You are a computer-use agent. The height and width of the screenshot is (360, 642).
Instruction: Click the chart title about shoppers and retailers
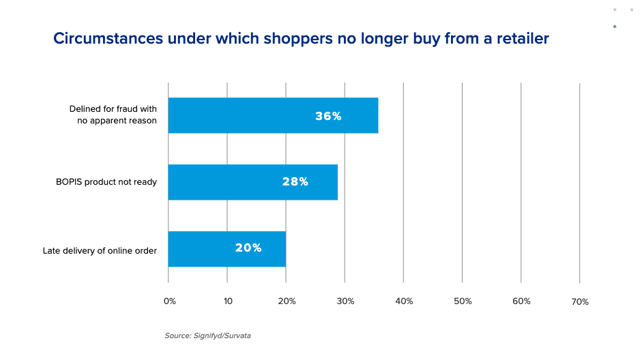click(x=301, y=39)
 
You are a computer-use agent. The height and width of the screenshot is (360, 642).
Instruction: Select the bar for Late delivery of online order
click(x=227, y=248)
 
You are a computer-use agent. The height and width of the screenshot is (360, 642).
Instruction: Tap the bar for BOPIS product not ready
click(x=252, y=182)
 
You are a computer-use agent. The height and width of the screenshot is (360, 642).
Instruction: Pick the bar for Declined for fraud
click(x=273, y=115)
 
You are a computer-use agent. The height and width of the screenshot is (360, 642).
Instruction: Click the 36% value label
click(x=328, y=116)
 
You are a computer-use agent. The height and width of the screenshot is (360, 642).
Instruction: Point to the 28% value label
click(x=295, y=182)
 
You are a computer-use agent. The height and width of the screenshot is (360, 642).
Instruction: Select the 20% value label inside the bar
click(x=248, y=248)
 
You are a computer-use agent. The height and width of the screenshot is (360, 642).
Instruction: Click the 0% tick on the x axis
click(x=171, y=301)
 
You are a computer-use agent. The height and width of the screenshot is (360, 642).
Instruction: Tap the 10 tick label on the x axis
click(x=228, y=301)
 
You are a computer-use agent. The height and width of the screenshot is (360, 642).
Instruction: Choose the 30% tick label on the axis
click(x=345, y=301)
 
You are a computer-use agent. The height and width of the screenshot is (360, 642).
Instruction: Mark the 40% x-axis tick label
click(x=404, y=301)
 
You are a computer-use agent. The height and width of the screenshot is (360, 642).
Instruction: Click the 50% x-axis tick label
click(x=463, y=301)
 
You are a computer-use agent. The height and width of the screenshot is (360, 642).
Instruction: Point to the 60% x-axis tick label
click(x=521, y=301)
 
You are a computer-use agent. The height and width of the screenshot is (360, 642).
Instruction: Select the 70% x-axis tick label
click(x=580, y=301)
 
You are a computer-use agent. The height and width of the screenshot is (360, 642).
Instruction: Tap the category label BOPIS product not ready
click(x=106, y=182)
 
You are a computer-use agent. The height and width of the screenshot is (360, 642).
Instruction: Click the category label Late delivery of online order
click(x=100, y=250)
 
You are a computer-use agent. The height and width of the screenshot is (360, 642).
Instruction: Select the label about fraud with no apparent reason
click(x=113, y=115)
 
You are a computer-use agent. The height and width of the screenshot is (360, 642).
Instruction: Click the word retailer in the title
click(x=521, y=39)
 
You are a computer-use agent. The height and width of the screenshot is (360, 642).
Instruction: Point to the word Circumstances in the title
click(x=108, y=39)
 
